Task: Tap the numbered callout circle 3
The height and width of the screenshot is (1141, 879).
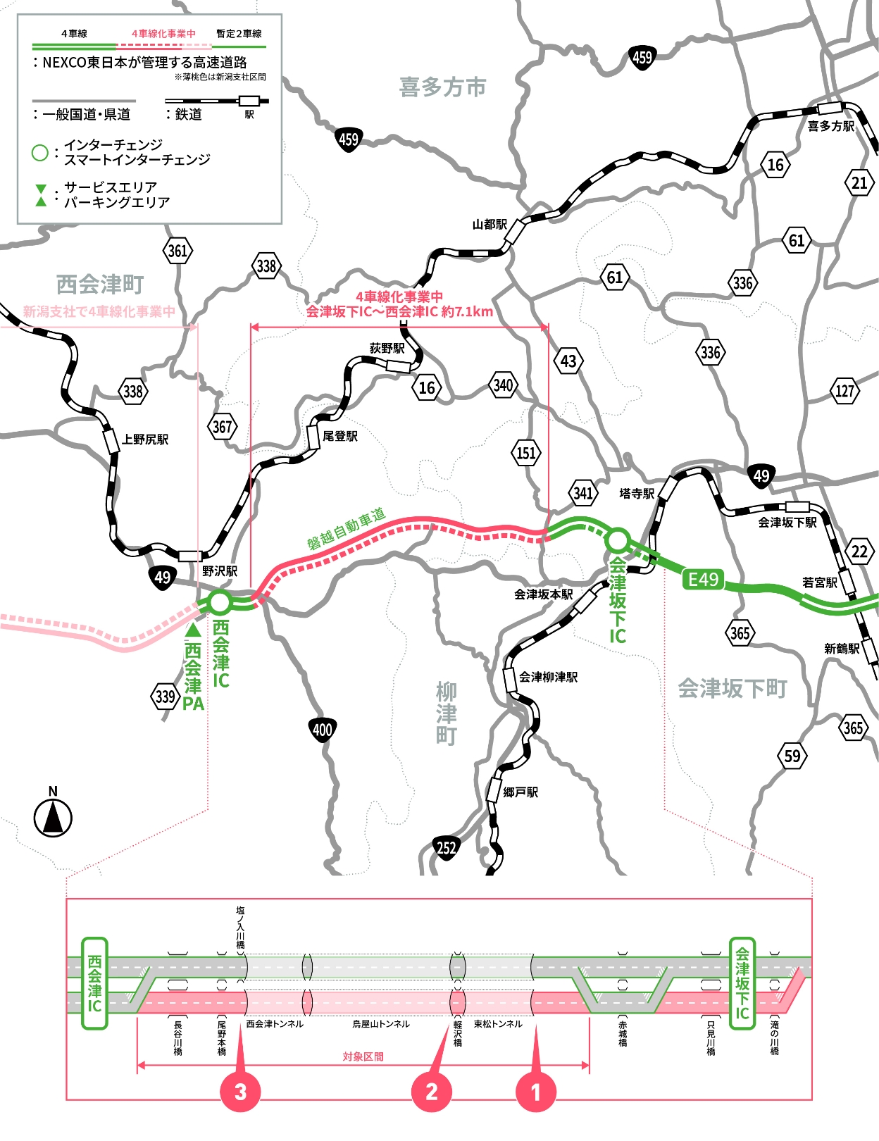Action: [240, 1092]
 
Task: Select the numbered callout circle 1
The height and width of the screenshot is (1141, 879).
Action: [536, 1092]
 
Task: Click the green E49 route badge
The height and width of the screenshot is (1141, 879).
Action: [702, 580]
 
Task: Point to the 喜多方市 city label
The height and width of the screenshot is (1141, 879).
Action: [442, 87]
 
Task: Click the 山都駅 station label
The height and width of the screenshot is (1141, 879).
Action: [490, 225]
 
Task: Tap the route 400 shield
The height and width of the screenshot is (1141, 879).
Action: [322, 730]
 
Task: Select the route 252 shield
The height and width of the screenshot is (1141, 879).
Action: [447, 848]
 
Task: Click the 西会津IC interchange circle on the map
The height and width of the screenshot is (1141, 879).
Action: [220, 603]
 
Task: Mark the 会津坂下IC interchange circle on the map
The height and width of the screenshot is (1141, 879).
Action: [618, 540]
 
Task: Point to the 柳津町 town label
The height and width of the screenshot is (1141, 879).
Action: [446, 713]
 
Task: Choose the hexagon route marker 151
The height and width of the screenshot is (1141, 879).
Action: [526, 453]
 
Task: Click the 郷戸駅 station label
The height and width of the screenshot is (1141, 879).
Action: [520, 792]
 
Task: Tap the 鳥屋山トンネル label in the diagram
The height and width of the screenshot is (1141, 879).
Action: [381, 1024]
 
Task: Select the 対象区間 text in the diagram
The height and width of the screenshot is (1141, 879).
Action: [363, 1056]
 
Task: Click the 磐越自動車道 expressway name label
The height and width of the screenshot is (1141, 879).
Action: [346, 528]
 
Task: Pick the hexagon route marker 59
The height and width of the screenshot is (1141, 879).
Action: [792, 756]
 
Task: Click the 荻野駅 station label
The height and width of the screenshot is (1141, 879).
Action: [387, 348]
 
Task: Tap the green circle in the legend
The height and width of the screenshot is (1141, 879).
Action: [40, 152]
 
